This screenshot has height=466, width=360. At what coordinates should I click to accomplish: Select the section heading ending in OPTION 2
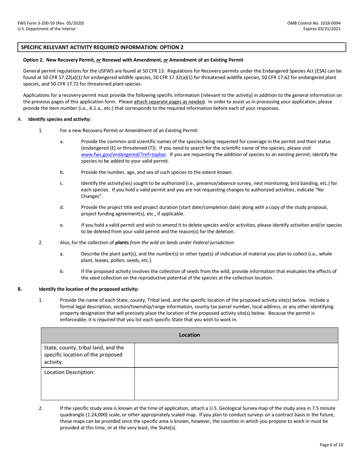(102, 47)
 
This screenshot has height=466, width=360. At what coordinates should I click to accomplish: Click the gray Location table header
(189, 335)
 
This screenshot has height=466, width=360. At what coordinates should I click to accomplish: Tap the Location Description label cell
(69, 372)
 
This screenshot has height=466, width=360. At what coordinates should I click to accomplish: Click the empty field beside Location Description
(236, 383)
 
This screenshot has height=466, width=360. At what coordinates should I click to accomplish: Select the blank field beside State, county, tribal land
(236, 355)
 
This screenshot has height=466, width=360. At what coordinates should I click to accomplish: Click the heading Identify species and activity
(59, 119)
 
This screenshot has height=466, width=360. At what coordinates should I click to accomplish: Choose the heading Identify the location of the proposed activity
(89, 289)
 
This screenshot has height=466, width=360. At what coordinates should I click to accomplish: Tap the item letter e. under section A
(62, 225)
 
